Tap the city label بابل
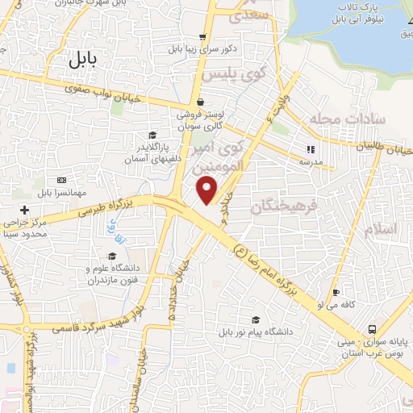click(82, 58)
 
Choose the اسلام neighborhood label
click(382, 230)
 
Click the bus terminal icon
click(372, 329)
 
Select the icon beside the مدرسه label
click(310, 148)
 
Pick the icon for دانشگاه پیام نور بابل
click(256, 319)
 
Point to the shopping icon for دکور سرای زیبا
click(202, 36)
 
